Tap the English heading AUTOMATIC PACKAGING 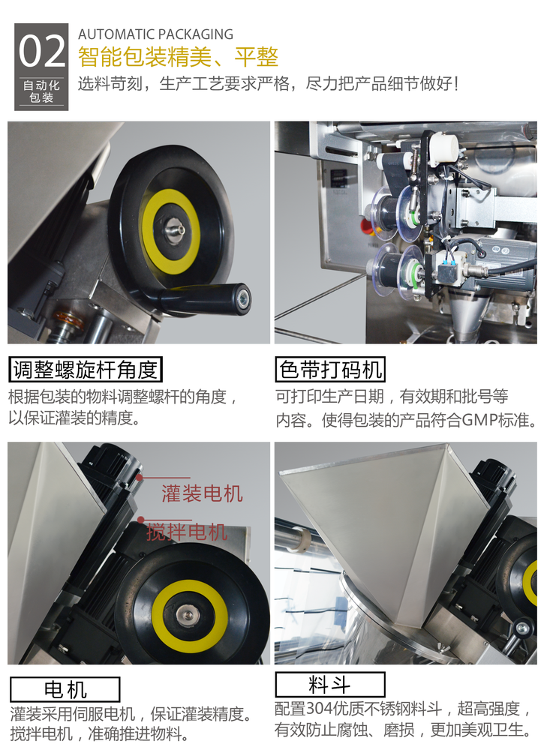(x=155, y=34)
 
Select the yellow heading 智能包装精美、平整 (x=178, y=57)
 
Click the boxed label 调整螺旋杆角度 (x=86, y=369)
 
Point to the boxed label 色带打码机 (x=331, y=369)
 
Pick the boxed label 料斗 (x=329, y=684)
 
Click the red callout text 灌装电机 (x=203, y=493)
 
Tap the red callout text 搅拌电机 (x=188, y=532)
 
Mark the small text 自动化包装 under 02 (x=41, y=91)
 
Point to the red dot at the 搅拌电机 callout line (x=140, y=518)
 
